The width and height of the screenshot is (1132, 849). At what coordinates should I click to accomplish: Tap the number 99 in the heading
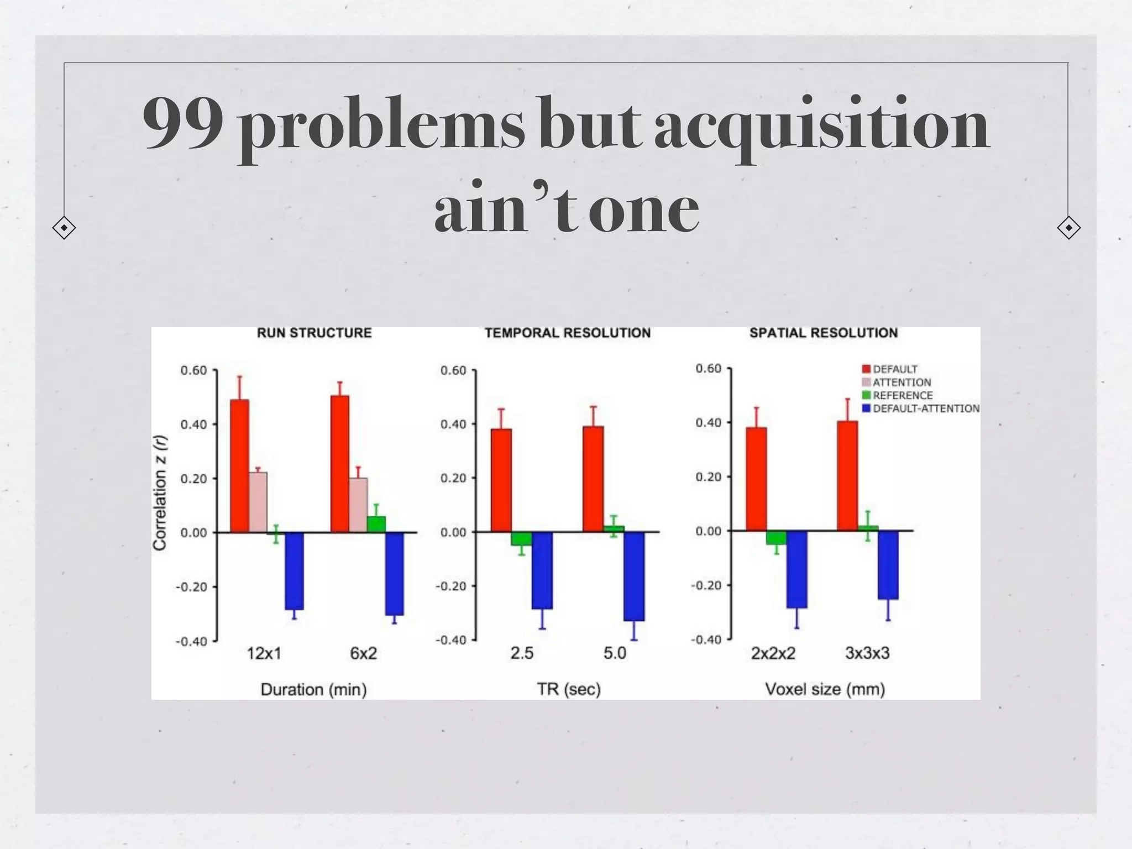tap(183, 124)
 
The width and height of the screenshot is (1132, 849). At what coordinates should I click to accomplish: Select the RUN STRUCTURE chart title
tap(314, 333)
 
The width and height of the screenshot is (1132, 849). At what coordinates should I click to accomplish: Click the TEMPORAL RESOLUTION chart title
tap(568, 333)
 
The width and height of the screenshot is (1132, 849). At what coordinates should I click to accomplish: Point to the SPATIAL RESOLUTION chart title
tap(823, 333)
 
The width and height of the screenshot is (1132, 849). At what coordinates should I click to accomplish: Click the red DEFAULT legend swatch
tap(866, 369)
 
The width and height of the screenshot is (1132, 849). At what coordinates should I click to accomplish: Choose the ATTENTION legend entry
tap(902, 382)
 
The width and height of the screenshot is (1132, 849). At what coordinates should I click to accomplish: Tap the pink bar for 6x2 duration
tap(358, 505)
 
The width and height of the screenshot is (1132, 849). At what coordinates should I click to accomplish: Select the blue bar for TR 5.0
tap(634, 576)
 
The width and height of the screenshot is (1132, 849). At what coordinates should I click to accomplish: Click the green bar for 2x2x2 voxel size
tap(776, 537)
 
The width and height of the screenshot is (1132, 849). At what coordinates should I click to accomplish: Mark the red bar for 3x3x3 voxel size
tap(847, 476)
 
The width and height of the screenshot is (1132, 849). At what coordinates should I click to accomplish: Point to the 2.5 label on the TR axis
tap(522, 653)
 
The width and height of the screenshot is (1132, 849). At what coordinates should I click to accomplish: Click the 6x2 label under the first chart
tap(363, 653)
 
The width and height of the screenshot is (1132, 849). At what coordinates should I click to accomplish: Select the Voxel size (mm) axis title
tap(825, 689)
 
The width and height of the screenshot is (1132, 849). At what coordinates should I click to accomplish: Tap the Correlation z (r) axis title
tap(160, 493)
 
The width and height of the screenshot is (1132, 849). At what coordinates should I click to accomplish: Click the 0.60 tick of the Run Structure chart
tap(193, 370)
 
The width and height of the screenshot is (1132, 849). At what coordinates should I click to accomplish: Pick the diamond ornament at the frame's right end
tap(1068, 228)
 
